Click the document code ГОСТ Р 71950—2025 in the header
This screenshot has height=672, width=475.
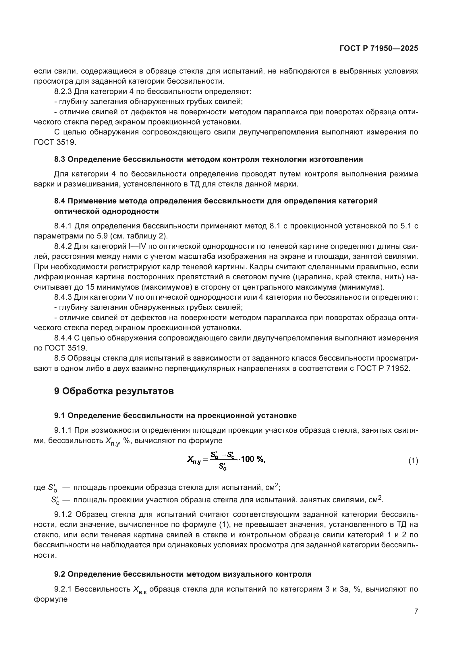[379, 49]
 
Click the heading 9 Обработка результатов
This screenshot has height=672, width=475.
[114, 391]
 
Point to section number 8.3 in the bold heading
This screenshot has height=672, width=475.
[60, 159]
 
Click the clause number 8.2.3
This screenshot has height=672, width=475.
[63, 92]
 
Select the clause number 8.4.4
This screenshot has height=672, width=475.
[63, 338]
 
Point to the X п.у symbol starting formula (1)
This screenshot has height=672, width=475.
[194, 460]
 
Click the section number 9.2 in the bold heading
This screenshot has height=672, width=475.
[60, 574]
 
